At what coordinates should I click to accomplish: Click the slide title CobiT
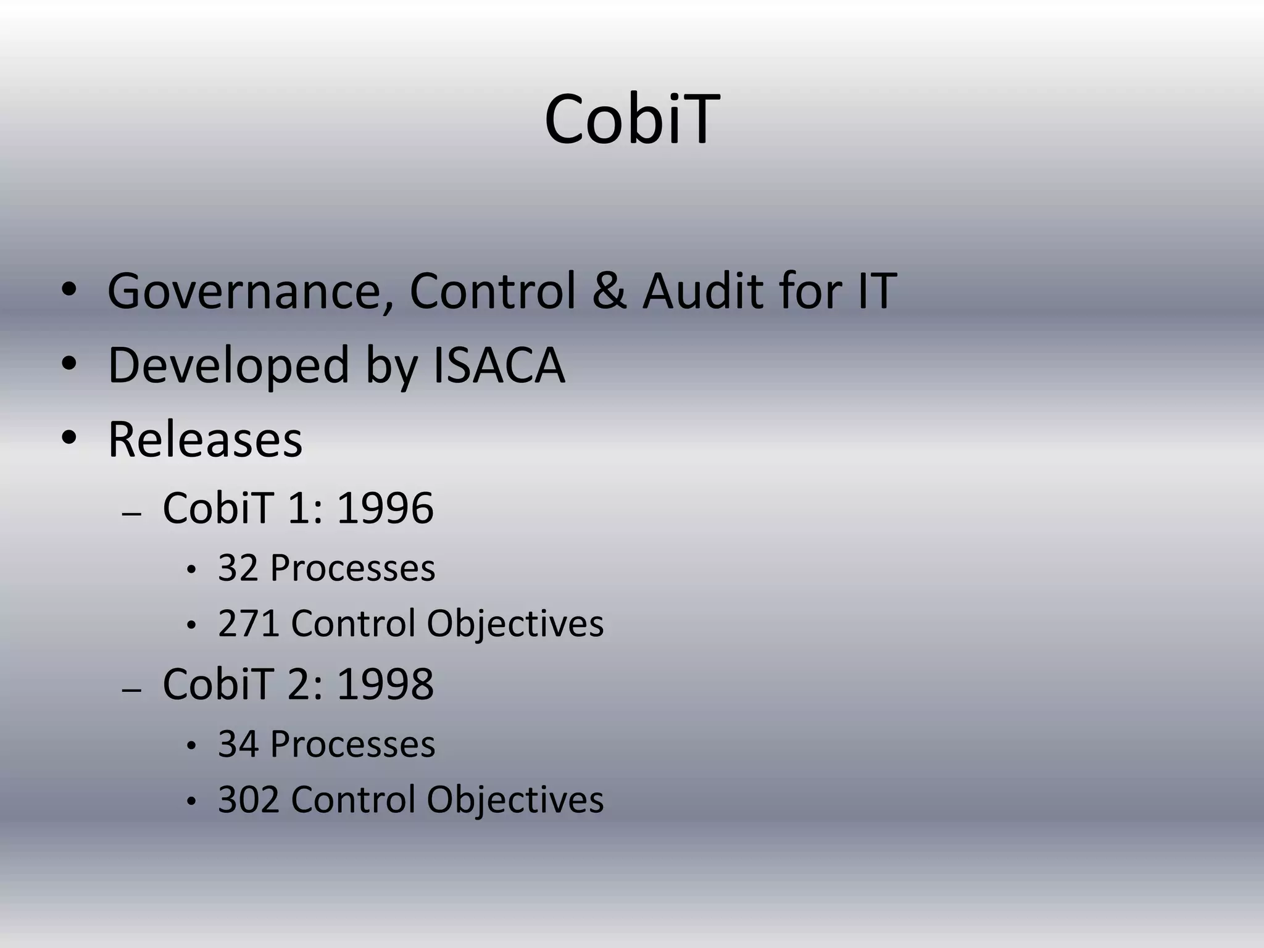coord(631,120)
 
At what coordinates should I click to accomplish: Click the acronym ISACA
coord(499,365)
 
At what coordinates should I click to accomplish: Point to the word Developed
coord(228,365)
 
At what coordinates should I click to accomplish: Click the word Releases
coord(205,439)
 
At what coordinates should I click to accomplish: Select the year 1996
coord(385,509)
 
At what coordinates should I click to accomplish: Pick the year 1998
coord(385,684)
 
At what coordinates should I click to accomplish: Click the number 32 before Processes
coord(238,568)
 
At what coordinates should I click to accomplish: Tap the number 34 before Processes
coord(238,744)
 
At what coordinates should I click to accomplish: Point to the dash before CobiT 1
coord(132,514)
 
